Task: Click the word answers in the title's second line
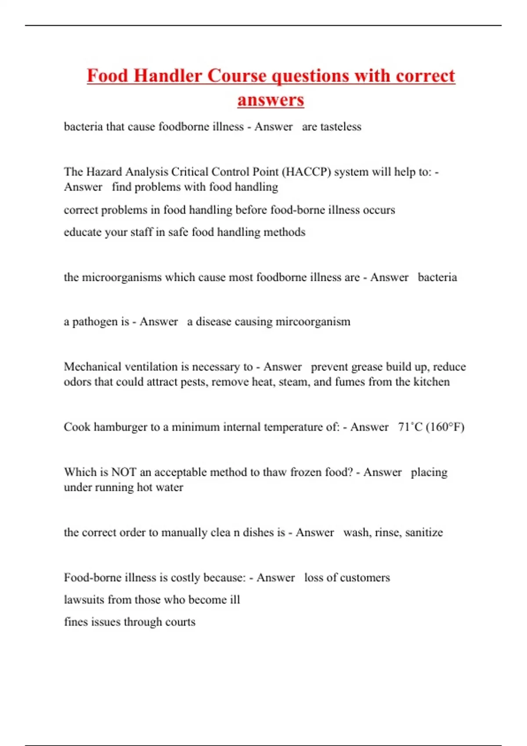(x=271, y=100)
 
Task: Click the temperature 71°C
(x=410, y=427)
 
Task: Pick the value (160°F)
(x=445, y=427)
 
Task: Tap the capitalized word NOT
(x=124, y=472)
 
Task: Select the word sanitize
(x=424, y=532)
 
